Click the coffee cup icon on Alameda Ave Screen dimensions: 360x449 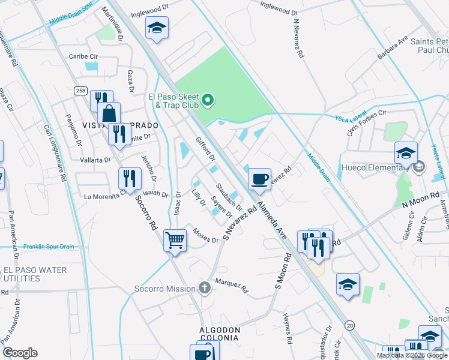coord(259,178)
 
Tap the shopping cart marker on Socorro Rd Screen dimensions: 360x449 coord(175,240)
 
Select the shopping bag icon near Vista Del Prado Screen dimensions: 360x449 coord(110,113)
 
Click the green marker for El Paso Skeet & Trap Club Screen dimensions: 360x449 coord(208,100)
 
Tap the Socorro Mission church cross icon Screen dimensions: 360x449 coord(205,289)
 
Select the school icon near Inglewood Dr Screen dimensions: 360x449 coord(157,28)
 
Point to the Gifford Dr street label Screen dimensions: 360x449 coord(206,149)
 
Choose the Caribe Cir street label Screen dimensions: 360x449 coord(83,56)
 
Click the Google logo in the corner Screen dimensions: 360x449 coord(20,353)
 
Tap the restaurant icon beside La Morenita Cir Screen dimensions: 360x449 coord(130,178)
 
